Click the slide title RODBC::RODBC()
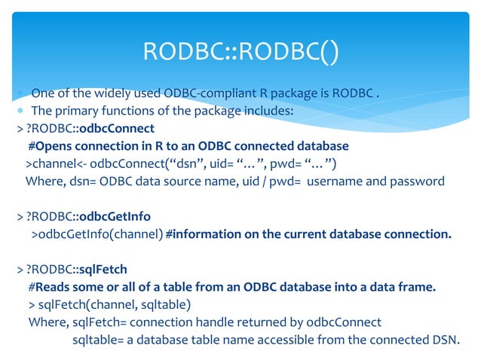[240, 52]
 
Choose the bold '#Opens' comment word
[51, 146]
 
